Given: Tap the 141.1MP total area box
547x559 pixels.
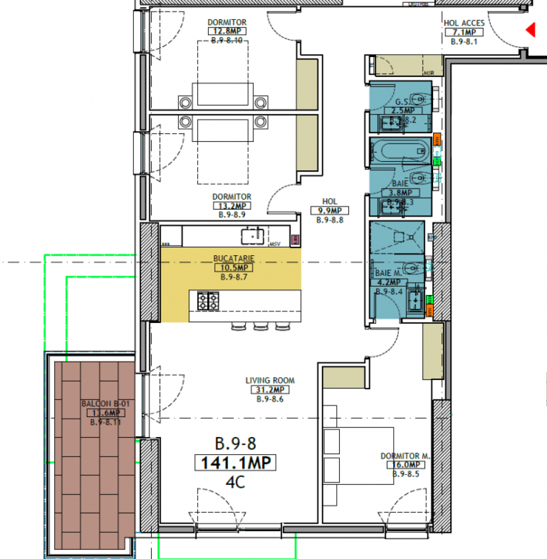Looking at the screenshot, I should point(235,462).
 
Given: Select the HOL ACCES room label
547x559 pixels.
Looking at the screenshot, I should point(464,23).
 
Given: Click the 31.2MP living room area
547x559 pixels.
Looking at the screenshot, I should point(270,390).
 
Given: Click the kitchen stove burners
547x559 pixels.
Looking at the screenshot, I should point(208,300).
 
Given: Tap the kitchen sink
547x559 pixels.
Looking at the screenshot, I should point(251,235).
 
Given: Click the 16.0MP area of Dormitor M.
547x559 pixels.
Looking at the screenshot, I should point(405,464).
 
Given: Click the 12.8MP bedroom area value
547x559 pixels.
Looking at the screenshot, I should point(227,31).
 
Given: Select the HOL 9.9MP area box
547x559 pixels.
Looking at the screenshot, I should point(329,210).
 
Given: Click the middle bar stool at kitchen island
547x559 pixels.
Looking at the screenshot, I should point(261,327).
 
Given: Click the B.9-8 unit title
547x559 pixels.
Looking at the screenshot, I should point(235,442).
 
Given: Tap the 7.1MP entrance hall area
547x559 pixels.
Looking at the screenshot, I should point(464,32).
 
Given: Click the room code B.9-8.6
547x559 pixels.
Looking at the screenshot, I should point(270,399).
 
